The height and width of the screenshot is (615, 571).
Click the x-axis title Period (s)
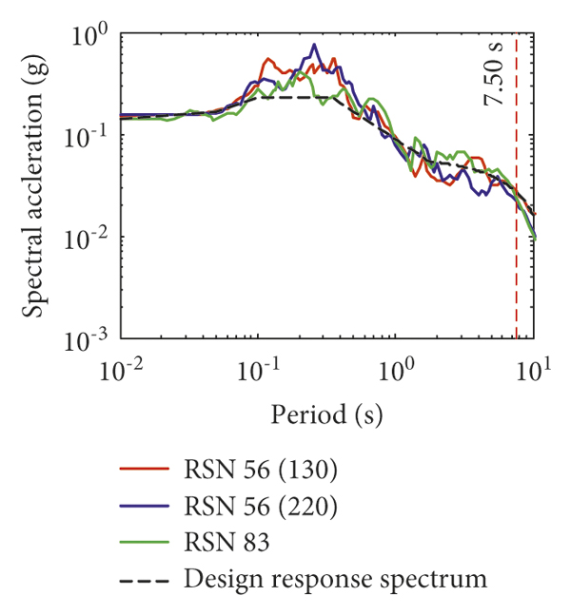point(326,415)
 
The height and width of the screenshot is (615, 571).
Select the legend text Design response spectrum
point(333,579)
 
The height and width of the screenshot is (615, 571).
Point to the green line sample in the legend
point(144,543)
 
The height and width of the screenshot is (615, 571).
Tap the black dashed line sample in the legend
point(144,579)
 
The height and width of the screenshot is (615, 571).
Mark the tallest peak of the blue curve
point(313,45)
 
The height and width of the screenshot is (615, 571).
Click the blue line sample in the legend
point(144,507)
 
